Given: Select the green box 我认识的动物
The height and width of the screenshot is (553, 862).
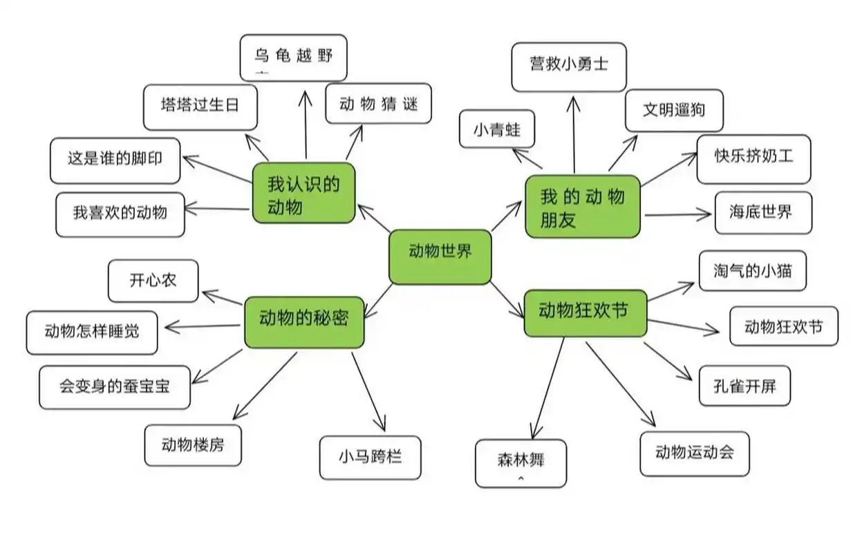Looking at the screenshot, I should click(x=303, y=193).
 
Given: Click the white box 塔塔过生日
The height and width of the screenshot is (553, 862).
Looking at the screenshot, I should click(x=200, y=107).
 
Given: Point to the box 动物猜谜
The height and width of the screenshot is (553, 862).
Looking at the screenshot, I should click(x=378, y=104).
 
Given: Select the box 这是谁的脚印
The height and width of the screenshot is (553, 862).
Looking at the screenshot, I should click(x=115, y=160).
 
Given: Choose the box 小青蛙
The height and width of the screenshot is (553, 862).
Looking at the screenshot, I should click(x=496, y=129).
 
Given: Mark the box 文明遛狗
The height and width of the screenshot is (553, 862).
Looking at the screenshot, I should click(x=673, y=111).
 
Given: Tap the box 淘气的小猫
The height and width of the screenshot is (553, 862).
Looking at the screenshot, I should click(x=752, y=270).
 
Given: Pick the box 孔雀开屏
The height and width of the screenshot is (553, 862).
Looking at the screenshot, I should click(x=744, y=386).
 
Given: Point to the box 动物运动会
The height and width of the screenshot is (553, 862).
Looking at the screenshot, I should click(x=694, y=453).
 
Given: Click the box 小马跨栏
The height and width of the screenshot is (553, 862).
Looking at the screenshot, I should click(x=370, y=458).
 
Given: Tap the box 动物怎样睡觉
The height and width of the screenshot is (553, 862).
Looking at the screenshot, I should click(x=91, y=332).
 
